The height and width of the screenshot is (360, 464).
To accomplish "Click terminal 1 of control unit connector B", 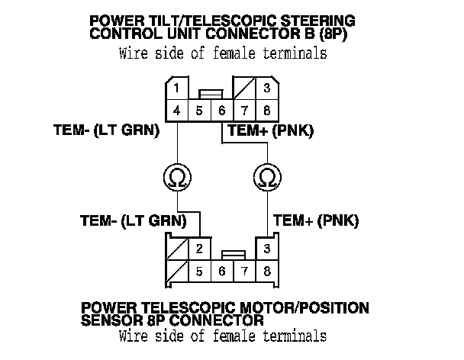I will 176,88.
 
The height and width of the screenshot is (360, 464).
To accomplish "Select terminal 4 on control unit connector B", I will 176,110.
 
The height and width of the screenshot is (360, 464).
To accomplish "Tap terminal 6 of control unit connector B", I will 221,110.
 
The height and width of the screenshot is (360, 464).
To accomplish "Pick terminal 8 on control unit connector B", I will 266,110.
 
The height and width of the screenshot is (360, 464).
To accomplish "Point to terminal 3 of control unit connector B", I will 266,88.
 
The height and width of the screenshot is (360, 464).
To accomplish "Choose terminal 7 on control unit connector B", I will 243,110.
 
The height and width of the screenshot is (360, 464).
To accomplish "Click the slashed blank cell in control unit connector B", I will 243,88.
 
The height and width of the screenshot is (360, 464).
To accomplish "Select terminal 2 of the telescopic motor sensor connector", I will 198,249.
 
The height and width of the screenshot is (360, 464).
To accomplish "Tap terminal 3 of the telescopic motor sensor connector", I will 266,249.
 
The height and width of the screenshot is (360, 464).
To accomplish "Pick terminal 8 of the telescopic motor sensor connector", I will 266,271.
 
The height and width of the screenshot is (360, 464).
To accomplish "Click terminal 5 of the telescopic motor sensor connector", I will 198,271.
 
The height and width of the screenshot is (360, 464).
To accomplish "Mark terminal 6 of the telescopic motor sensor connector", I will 221,271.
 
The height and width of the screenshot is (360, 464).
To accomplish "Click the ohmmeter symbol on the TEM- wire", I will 176,178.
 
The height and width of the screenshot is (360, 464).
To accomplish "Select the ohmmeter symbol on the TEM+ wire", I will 266,178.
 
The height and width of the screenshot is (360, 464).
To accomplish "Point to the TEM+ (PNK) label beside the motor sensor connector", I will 315,221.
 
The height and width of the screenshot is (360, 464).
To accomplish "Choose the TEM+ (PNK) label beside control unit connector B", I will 270,130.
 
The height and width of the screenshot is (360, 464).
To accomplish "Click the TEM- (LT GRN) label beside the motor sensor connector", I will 134,221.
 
